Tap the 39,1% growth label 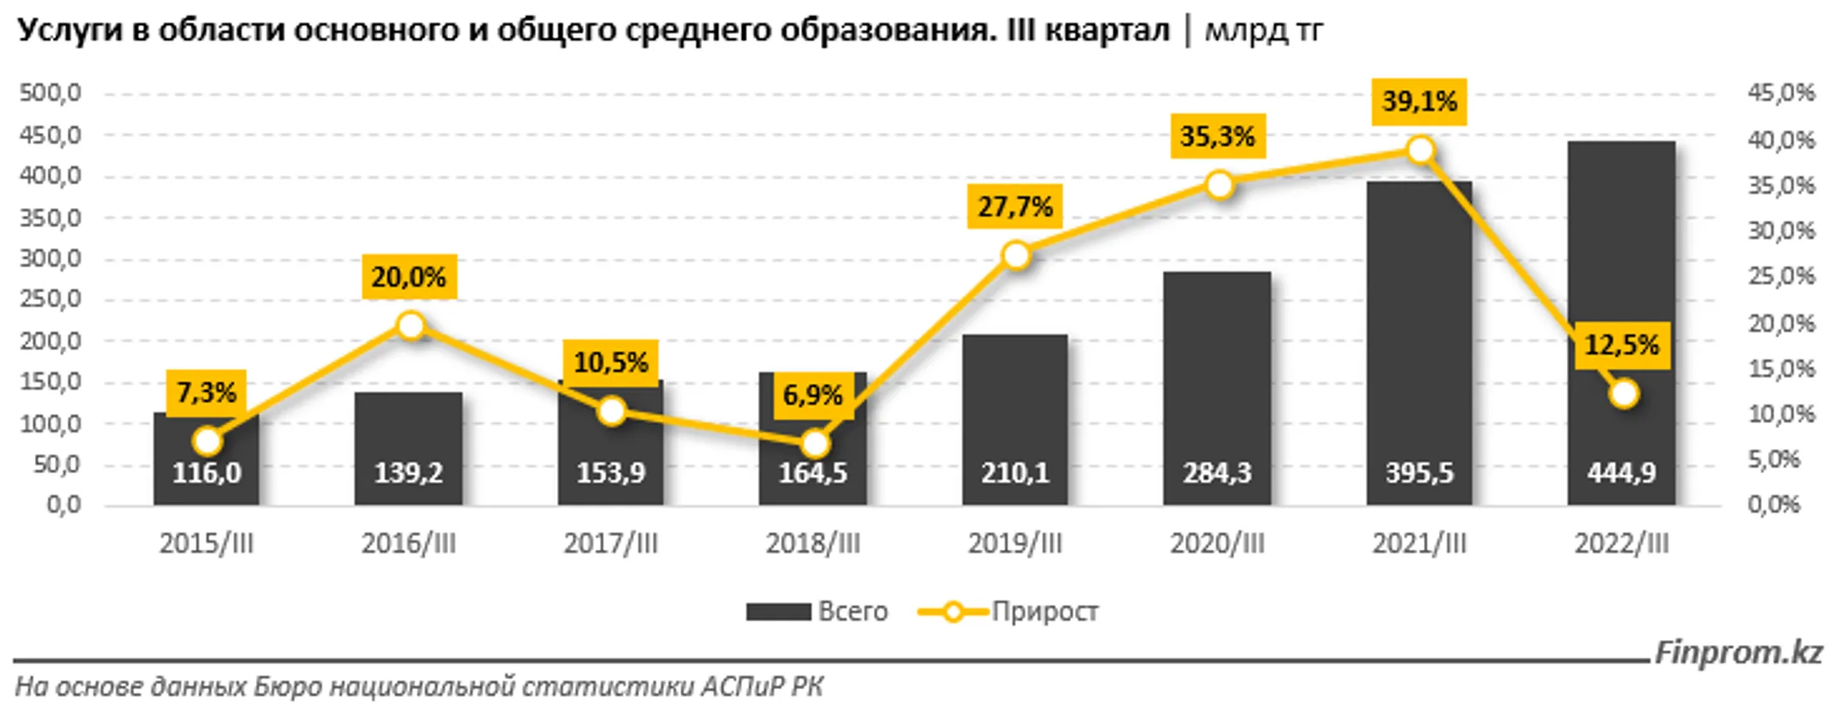[1419, 102]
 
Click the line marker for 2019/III [1016, 255]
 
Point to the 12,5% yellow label [1621, 345]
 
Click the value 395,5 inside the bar [1419, 473]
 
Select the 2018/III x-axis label [813, 544]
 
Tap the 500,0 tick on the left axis [50, 93]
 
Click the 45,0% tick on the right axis [1781, 93]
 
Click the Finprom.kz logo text [1738, 653]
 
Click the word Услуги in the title [67, 30]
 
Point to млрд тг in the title [1263, 30]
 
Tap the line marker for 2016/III [411, 325]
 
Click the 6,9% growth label [812, 395]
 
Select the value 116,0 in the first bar [207, 473]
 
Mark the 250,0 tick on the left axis [50, 299]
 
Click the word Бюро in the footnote [287, 687]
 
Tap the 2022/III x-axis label [1621, 544]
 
